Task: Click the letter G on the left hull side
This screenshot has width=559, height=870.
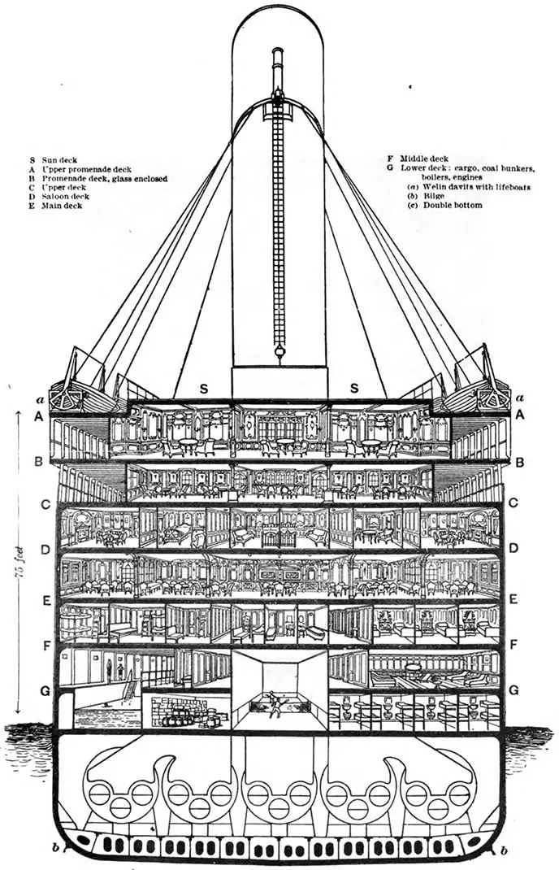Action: (46, 691)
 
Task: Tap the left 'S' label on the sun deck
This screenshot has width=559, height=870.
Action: (203, 390)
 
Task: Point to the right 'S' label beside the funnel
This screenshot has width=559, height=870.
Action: (354, 390)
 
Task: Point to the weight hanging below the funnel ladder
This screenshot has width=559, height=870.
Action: (278, 352)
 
